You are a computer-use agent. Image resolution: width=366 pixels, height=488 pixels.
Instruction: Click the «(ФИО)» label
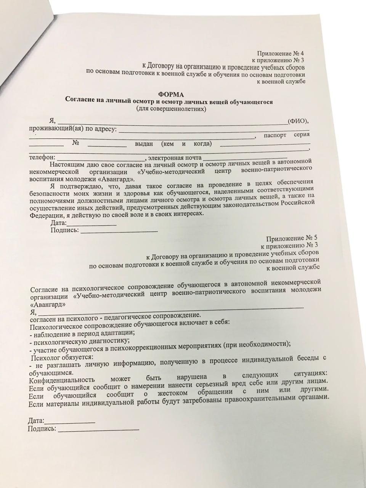[x=299, y=121]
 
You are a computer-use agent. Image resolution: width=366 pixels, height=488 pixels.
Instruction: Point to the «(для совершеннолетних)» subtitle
[x=171, y=109]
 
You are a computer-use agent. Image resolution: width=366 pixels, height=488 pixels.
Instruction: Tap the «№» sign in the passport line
[x=75, y=144]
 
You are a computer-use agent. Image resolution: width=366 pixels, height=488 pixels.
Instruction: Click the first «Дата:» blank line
[x=91, y=225]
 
